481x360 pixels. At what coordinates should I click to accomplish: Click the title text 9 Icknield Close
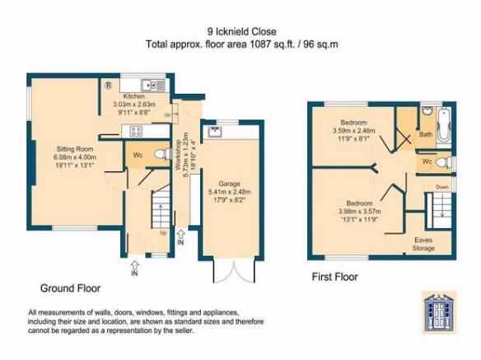(241, 31)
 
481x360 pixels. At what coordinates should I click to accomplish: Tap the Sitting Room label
(75, 149)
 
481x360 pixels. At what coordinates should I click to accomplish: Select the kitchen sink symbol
(153, 85)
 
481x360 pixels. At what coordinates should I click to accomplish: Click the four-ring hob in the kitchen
(136, 131)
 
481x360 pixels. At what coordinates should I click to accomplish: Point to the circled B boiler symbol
(109, 85)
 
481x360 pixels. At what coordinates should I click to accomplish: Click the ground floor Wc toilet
(162, 154)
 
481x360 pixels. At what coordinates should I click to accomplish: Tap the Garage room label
(229, 184)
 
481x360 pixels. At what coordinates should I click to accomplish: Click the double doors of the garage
(234, 272)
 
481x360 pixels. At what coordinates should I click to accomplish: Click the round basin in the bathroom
(426, 110)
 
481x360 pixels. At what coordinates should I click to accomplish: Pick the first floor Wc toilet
(443, 161)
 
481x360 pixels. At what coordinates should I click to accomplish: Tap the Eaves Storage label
(423, 244)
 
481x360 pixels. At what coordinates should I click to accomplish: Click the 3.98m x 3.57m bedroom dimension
(360, 212)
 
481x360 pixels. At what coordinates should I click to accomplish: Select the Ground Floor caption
(70, 288)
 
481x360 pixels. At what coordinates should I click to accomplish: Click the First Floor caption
(334, 277)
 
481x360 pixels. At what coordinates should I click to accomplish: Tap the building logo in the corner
(439, 311)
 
